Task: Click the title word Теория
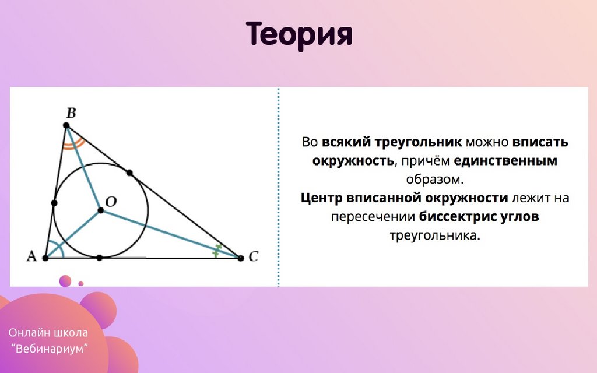(x=299, y=35)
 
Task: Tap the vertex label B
(x=71, y=113)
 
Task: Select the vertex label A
(x=31, y=256)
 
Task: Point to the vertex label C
(x=254, y=256)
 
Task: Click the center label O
(x=111, y=202)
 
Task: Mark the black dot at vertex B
(x=66, y=125)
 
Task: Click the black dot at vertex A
(x=45, y=258)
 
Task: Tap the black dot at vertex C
(x=241, y=258)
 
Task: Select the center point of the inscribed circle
(x=100, y=210)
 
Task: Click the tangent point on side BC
(x=129, y=173)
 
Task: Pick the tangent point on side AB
(x=54, y=203)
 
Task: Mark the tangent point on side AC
(x=99, y=258)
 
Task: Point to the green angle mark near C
(x=217, y=250)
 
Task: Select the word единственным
(x=505, y=161)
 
